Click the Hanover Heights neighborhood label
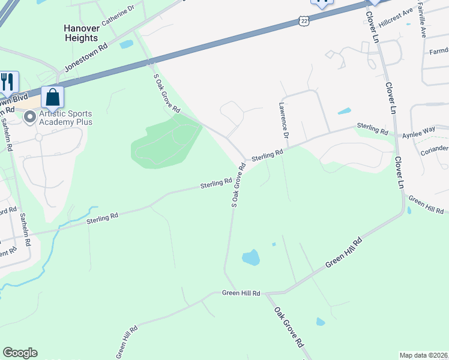coord(80,33)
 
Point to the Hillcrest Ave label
coord(399,12)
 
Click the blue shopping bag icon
coord(52,97)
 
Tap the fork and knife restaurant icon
coord(7,81)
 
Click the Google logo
coord(20,353)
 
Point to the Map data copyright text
coord(424,355)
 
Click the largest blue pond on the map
coord(251,258)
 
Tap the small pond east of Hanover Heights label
coord(126,44)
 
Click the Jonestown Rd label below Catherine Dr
coord(86,58)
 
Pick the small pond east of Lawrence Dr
coord(344,111)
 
